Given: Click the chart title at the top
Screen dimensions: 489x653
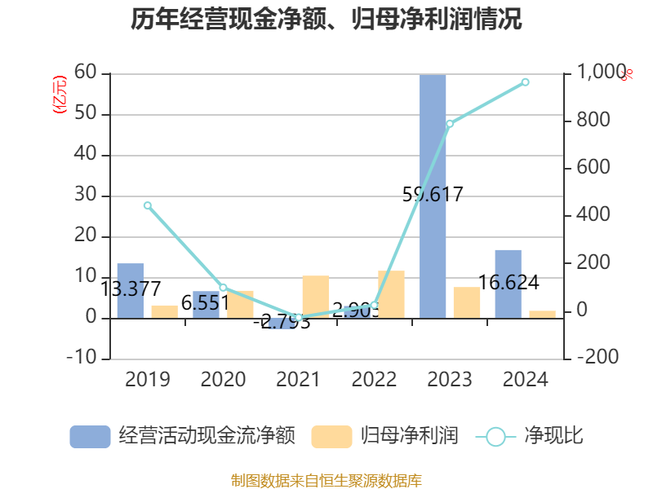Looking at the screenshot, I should (326, 20).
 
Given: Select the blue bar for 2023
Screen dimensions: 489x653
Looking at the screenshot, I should (433, 196).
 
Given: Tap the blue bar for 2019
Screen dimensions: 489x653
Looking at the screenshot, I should (131, 290).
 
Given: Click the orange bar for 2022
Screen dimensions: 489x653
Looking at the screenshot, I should (391, 294).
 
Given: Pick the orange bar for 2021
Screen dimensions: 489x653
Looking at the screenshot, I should (315, 297).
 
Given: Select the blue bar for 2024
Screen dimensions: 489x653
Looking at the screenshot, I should (508, 284).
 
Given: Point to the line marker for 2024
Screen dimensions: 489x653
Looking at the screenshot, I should (525, 81).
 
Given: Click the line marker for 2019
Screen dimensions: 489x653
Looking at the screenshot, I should (148, 205).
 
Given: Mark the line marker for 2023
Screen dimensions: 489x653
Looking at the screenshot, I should (450, 124).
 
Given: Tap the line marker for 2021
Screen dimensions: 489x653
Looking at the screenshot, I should (299, 317).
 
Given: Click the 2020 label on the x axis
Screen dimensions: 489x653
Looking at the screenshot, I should (223, 380).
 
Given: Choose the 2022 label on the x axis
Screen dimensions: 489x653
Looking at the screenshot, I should (374, 380).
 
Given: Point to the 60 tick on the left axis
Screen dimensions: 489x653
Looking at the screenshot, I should (86, 74).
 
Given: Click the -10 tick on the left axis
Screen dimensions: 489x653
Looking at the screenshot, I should (81, 359).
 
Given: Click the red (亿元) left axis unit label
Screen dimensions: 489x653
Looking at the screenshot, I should (60, 95).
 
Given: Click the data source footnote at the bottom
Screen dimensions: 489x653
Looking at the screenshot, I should (326, 480).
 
